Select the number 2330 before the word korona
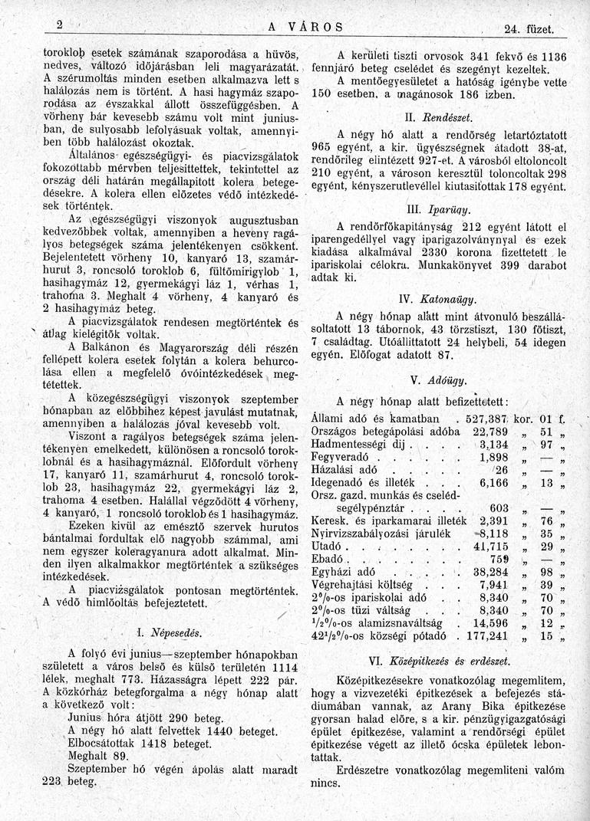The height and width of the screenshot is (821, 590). (x=427, y=251)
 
